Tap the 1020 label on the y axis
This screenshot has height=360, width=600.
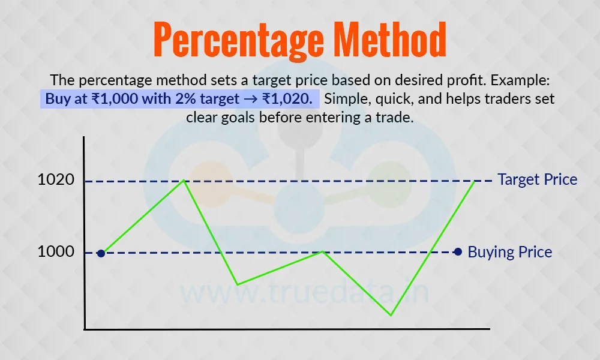56,179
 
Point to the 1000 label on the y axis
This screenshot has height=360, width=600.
56,252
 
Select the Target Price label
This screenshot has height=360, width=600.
537,179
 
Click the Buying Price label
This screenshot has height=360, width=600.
509,252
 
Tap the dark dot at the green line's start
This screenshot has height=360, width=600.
101,253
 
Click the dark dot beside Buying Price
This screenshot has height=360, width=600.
458,252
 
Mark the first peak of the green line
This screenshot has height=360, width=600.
184,180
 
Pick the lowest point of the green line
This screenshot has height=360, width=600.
391,315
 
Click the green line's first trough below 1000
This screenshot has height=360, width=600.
237,284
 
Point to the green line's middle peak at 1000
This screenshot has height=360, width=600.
323,251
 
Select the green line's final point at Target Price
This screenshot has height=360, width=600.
475,181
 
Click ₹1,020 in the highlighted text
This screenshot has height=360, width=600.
287,99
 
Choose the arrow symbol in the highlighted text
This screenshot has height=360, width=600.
251,99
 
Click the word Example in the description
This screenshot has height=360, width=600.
520,80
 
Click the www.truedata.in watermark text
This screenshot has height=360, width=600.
304,293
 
